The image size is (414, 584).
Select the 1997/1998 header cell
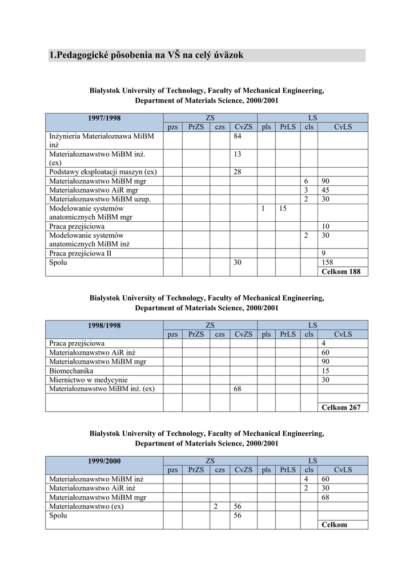point(104,118)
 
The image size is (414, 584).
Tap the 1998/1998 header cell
point(104,326)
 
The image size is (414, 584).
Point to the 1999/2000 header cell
point(104,461)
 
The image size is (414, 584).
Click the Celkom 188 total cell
point(341,271)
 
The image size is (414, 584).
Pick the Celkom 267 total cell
point(341,407)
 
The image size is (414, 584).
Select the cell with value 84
point(239,137)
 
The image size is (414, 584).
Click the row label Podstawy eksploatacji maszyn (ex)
point(103,172)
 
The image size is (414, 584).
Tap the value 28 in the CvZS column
point(239,172)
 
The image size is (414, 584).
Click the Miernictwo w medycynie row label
point(89,380)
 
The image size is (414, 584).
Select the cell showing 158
point(328,262)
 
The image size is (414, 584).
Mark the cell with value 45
point(326,190)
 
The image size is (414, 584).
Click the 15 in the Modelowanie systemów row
point(283,209)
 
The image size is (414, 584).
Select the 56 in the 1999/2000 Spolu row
point(239,515)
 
